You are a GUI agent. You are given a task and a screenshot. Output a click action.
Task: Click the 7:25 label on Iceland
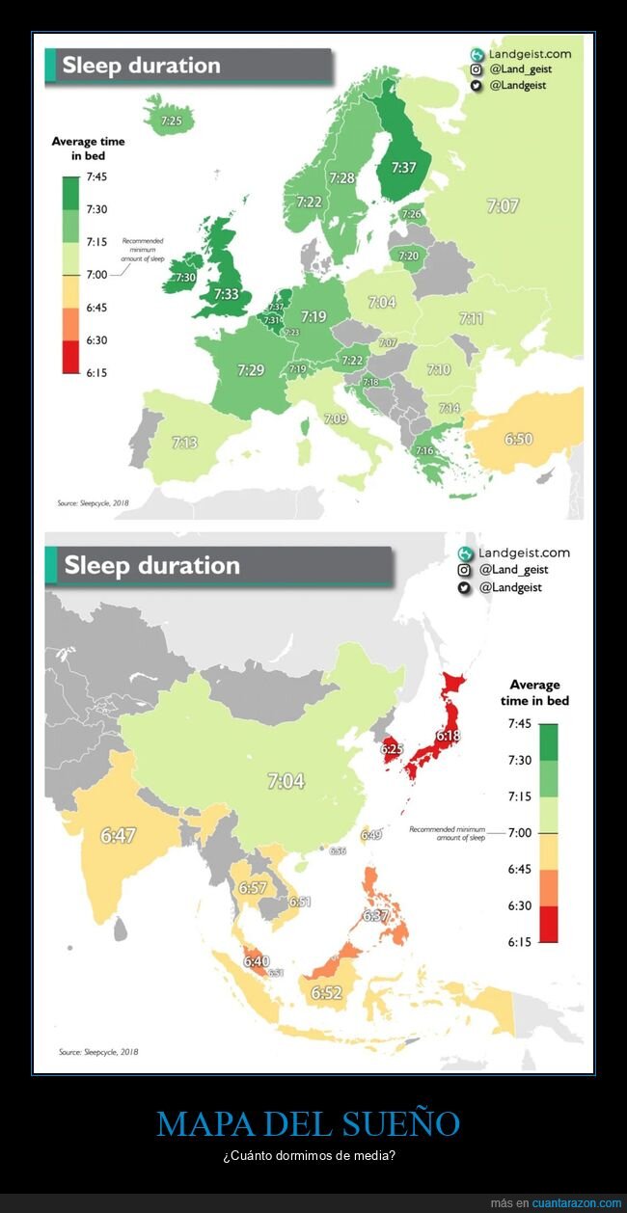tap(172, 121)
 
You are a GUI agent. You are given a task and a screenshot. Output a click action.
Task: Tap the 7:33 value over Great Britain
tap(226, 294)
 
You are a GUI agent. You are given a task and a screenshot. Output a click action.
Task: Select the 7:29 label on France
tap(251, 369)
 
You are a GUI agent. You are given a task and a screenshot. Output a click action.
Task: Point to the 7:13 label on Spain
tap(185, 443)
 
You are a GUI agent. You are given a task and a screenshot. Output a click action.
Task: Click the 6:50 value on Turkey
tap(518, 439)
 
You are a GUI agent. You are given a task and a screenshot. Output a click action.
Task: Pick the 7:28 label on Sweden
tap(341, 177)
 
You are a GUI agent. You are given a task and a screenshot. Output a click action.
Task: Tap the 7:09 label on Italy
tap(336, 418)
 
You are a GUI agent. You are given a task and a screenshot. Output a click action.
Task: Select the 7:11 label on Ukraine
tap(471, 318)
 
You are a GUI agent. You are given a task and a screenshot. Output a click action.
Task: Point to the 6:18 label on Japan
tap(449, 736)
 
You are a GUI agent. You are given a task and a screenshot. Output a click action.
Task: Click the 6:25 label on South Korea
tap(391, 747)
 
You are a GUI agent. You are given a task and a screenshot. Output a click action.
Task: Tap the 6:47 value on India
tap(118, 835)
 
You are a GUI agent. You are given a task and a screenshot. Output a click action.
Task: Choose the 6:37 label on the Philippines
tap(375, 915)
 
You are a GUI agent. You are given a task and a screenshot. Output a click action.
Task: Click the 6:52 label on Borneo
tap(326, 992)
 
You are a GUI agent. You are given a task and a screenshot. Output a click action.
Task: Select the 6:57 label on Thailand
tap(253, 887)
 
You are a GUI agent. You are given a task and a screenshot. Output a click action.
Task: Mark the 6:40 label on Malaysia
tap(257, 960)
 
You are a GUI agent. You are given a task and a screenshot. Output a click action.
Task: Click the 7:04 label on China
tap(286, 781)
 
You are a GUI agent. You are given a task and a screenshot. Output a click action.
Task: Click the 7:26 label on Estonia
tap(411, 214)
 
